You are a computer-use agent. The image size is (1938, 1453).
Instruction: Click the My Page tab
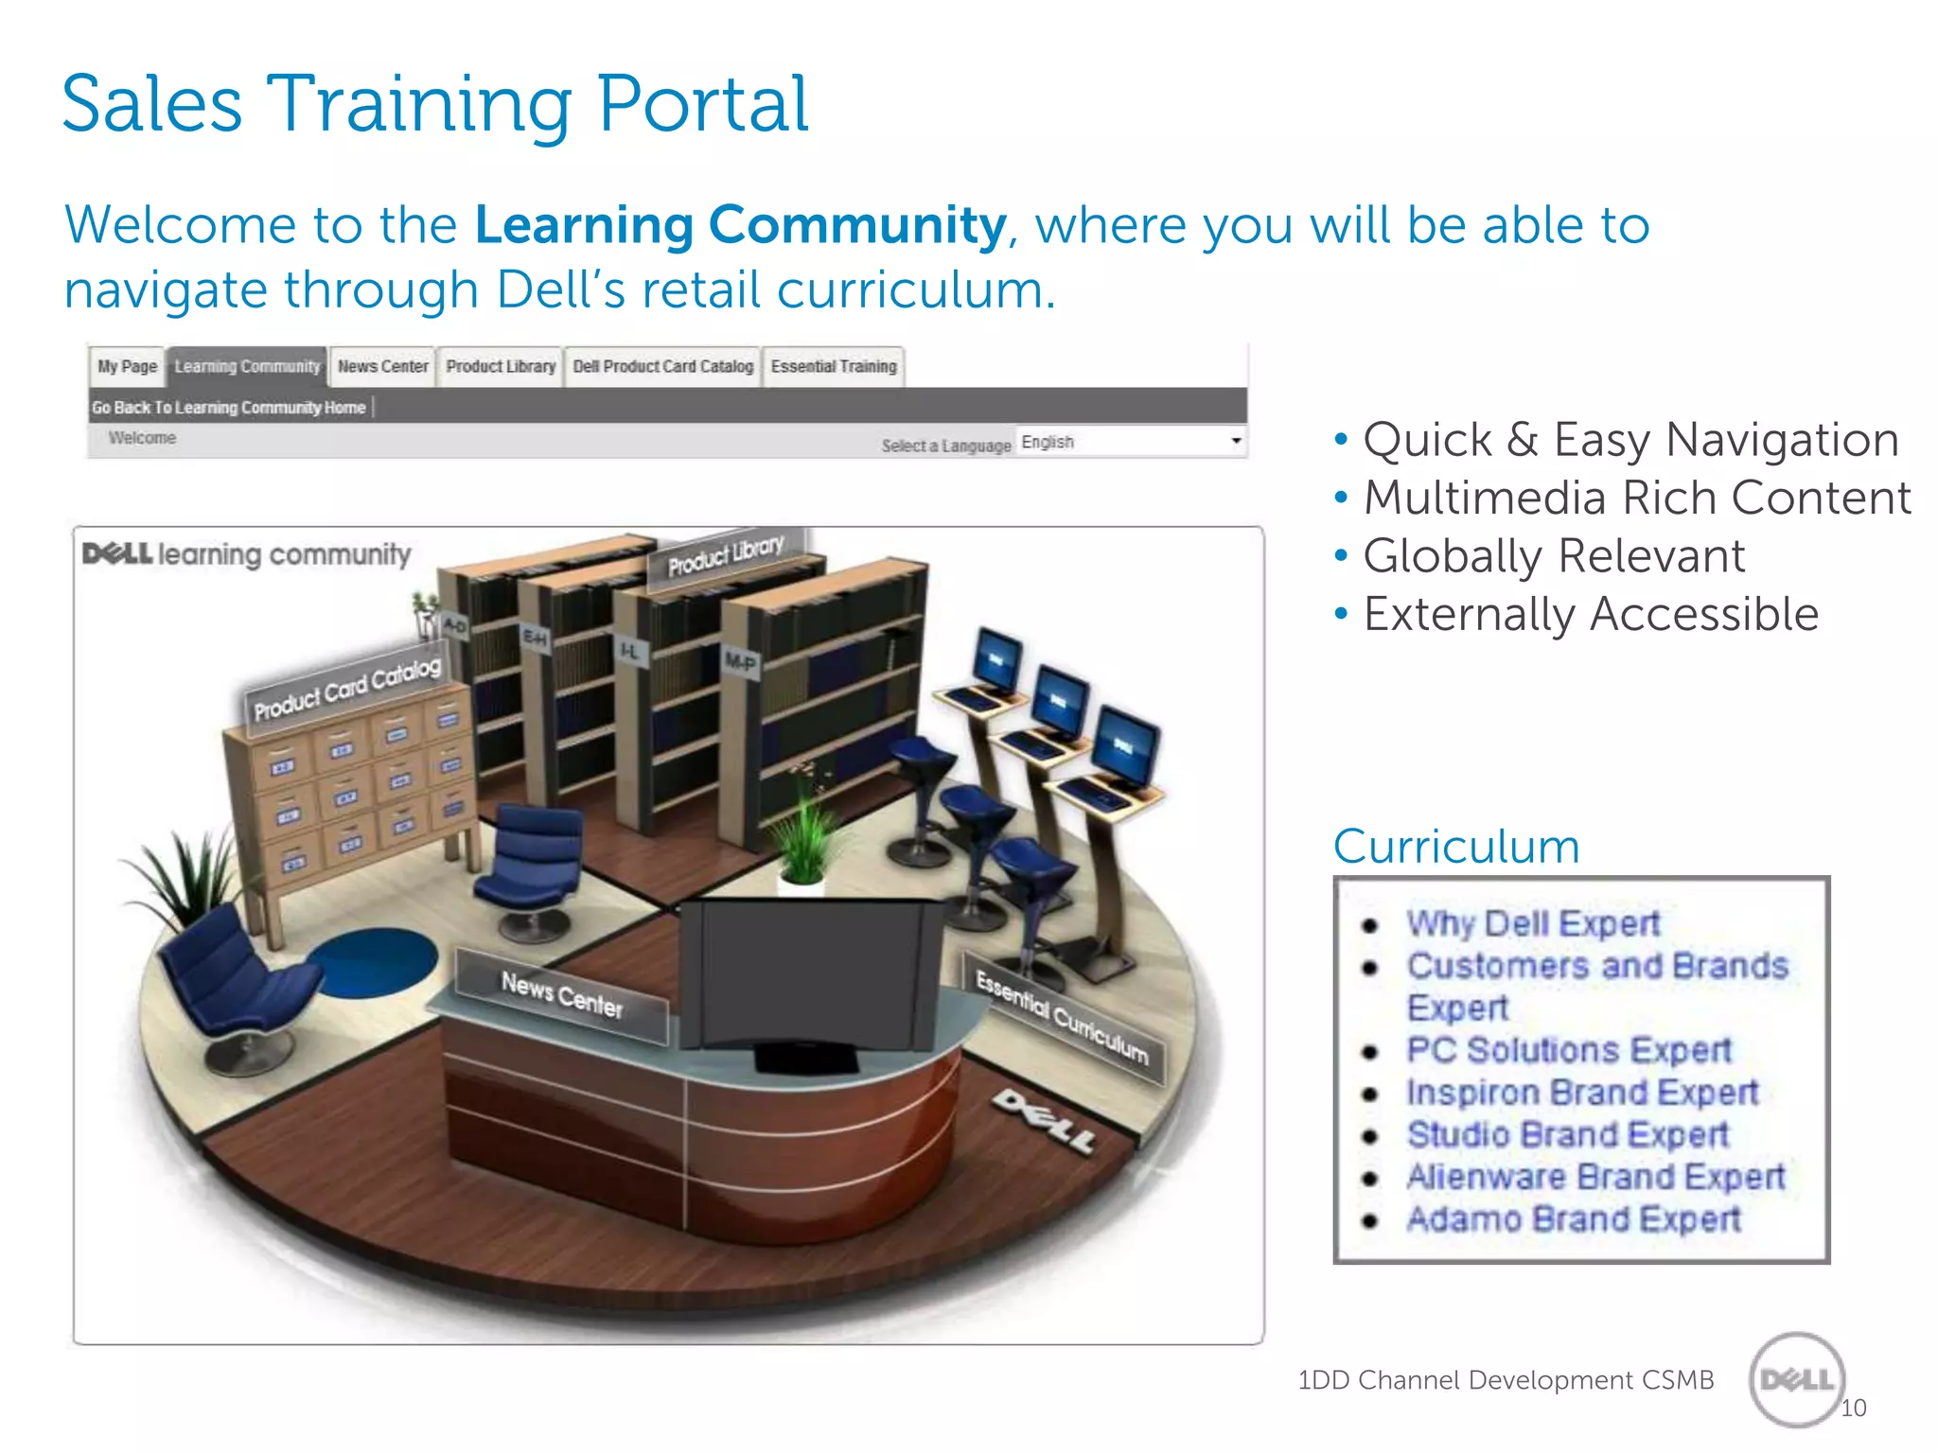point(128,367)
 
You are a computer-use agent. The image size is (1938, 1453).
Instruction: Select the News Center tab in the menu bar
point(382,367)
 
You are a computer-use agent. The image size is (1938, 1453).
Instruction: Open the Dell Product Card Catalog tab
point(662,367)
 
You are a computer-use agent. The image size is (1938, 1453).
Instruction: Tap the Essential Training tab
point(833,367)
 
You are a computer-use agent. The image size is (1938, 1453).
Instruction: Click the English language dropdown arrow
point(1236,442)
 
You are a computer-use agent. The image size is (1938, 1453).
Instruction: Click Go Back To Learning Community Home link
point(229,408)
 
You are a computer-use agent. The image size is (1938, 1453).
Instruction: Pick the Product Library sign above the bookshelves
point(726,556)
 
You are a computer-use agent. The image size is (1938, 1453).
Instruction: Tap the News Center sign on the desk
point(561,995)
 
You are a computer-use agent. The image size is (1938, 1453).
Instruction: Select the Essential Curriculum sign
point(1062,1018)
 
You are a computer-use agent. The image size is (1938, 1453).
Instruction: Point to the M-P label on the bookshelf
point(740,661)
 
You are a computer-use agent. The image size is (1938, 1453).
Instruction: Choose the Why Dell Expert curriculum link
point(1532,923)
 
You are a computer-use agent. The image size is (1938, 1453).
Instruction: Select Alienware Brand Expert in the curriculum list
point(1595,1177)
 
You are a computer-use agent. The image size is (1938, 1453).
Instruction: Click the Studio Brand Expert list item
point(1567,1134)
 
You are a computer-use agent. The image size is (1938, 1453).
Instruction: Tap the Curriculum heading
point(1456,847)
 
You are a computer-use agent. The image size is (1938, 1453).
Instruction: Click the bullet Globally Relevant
point(1553,556)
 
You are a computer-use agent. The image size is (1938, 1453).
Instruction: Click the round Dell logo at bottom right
point(1796,1380)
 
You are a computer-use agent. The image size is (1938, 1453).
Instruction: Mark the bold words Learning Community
point(740,226)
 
